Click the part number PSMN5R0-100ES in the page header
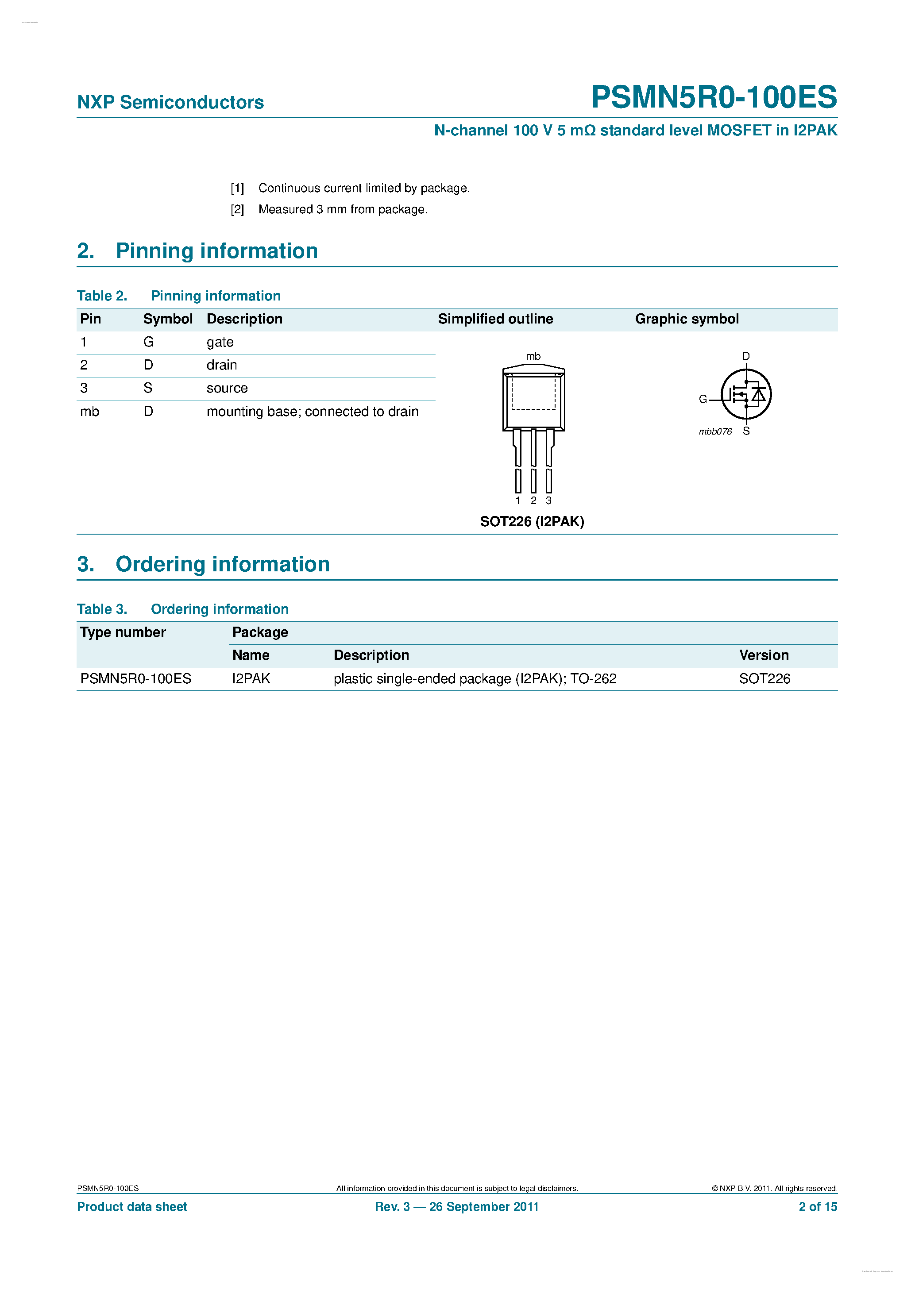(713, 97)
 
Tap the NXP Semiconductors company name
(170, 103)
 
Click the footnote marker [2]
(237, 210)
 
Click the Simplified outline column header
(495, 319)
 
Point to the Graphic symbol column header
(686, 319)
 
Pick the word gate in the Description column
(220, 342)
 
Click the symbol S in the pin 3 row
(148, 388)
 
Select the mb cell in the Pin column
(89, 412)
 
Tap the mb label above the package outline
(533, 356)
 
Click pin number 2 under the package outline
(533, 501)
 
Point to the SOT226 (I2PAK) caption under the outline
(532, 521)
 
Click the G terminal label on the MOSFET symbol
(703, 399)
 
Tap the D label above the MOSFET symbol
(746, 356)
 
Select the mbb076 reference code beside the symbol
(715, 432)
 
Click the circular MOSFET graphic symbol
(746, 394)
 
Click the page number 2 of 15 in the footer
(818, 1207)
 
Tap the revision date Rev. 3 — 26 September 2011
(457, 1207)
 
